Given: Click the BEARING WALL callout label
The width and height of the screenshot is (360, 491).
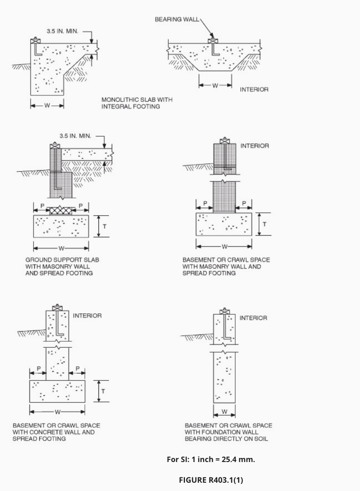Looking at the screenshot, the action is (x=177, y=19).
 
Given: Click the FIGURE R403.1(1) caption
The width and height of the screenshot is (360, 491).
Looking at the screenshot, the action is (x=211, y=480).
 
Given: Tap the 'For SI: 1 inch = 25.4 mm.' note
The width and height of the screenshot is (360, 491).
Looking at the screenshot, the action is (x=211, y=460).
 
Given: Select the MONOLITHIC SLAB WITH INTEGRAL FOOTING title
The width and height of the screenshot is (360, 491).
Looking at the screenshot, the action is (x=137, y=103).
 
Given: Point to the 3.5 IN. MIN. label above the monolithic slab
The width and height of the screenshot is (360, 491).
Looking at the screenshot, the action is (x=62, y=31).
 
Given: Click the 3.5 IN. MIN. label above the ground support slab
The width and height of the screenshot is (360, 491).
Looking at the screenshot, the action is (x=75, y=136).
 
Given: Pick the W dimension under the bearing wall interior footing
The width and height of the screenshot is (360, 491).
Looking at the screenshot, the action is (x=215, y=85).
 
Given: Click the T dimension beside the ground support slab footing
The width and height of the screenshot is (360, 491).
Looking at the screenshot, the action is (x=104, y=226).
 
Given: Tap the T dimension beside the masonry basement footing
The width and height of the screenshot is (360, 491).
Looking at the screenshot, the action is (x=264, y=224).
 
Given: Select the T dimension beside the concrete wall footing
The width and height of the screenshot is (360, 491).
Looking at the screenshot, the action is (x=103, y=391).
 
